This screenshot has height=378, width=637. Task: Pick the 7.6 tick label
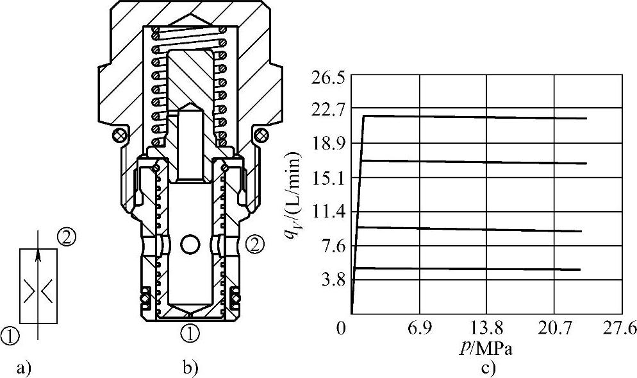click(x=333, y=247)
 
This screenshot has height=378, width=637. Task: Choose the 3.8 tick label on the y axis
click(x=333, y=280)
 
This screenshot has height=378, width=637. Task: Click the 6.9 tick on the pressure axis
click(x=420, y=328)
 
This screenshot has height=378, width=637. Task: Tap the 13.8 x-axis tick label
click(x=486, y=328)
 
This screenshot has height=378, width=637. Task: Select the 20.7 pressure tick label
click(x=554, y=328)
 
